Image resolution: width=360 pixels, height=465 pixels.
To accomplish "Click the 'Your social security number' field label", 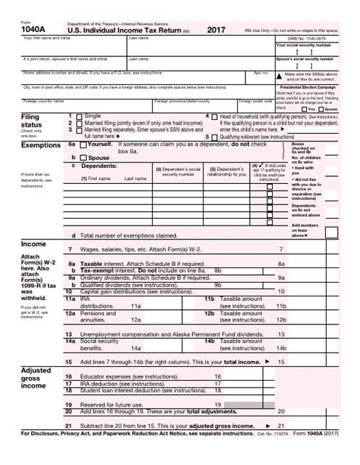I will pyautogui.click(x=304, y=45).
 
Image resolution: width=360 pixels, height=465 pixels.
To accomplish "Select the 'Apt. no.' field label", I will pyautogui.click(x=261, y=73).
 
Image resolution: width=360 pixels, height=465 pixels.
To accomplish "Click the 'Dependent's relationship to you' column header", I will pyautogui.click(x=227, y=172).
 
